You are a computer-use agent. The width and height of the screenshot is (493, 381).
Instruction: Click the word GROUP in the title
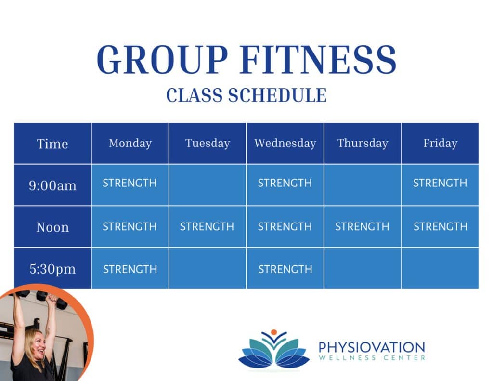tap(162, 59)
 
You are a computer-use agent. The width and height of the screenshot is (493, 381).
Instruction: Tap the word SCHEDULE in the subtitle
tap(277, 95)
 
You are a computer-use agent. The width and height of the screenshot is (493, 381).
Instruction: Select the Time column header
tap(52, 144)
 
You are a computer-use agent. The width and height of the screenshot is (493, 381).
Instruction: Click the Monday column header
tap(130, 144)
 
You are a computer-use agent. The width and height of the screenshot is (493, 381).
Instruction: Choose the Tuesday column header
tap(208, 144)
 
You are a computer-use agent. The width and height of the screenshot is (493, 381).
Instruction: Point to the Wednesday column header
tap(285, 144)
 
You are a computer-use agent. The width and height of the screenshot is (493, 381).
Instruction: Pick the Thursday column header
tap(363, 144)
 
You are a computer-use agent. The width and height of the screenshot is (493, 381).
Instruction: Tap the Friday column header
tap(440, 144)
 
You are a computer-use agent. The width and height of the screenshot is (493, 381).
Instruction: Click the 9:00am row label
tap(52, 185)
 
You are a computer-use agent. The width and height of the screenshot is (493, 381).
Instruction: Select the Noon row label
tap(52, 227)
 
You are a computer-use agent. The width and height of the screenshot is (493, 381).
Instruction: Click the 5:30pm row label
tap(52, 269)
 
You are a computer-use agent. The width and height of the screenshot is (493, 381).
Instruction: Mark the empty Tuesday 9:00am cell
tap(208, 185)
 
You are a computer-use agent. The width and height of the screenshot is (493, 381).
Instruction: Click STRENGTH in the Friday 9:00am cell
tap(440, 183)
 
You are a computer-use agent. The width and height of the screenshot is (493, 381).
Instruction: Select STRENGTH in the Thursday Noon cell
tap(362, 226)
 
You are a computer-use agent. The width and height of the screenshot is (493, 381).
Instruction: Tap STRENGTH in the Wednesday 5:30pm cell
tap(285, 269)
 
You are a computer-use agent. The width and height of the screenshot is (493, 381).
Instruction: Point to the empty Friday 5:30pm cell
tap(440, 268)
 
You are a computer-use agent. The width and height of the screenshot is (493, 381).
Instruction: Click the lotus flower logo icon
tap(274, 350)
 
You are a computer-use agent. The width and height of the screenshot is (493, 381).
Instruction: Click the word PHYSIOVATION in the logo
tap(372, 348)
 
